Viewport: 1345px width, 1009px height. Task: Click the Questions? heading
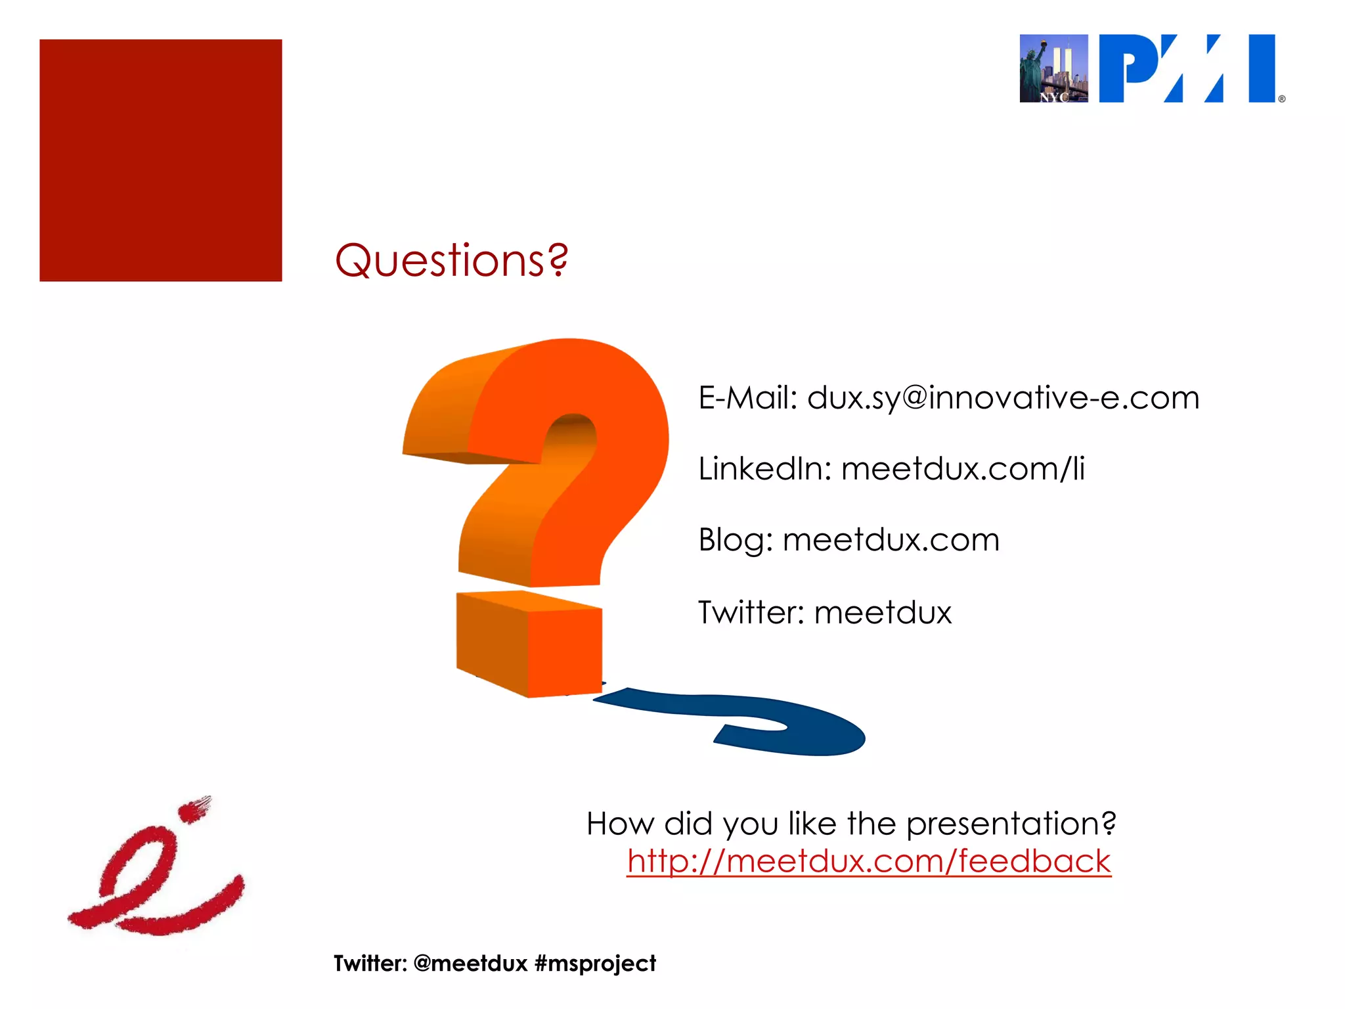(x=451, y=260)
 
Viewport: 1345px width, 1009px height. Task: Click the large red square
(x=161, y=160)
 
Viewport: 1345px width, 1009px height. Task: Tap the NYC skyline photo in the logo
(x=1053, y=68)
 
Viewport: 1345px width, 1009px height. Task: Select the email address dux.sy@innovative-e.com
(x=1003, y=398)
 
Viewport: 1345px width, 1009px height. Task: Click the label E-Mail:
(x=747, y=398)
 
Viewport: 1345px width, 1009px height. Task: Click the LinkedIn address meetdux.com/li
(x=962, y=469)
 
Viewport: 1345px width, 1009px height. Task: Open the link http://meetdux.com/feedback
(x=869, y=861)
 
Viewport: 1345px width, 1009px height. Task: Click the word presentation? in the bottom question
(x=1011, y=824)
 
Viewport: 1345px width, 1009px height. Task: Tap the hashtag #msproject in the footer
(x=595, y=964)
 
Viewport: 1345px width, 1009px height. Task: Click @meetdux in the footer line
(x=471, y=964)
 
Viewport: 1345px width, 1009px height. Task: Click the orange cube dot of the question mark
(x=529, y=644)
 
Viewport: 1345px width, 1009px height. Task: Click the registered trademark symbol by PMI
(x=1281, y=99)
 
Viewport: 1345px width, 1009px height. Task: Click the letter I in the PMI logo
(x=1262, y=68)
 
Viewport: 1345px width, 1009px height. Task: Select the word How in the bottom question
(x=620, y=824)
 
